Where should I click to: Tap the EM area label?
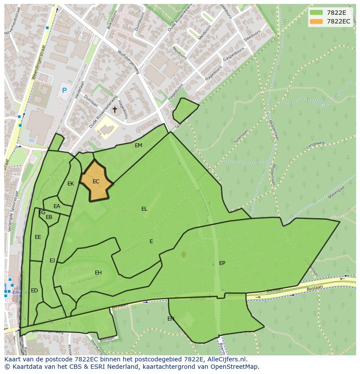(138, 146)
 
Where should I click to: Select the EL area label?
(144, 209)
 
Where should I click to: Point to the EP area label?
(222, 263)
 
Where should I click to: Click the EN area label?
(171, 319)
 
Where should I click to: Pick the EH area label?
(98, 273)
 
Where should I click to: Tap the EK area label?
(71, 184)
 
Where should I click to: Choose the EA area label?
(57, 206)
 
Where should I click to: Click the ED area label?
(34, 291)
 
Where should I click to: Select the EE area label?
(38, 237)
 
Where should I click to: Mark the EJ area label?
(52, 261)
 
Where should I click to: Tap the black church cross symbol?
(115, 110)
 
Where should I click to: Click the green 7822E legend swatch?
(317, 12)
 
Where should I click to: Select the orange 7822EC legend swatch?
(317, 21)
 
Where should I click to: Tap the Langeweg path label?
(315, 144)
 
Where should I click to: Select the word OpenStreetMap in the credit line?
(237, 367)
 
